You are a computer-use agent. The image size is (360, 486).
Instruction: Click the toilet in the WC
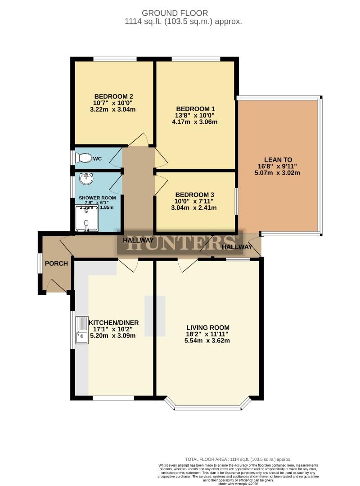pyautogui.click(x=83, y=158)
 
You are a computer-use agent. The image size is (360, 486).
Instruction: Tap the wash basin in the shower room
pyautogui.click(x=85, y=179)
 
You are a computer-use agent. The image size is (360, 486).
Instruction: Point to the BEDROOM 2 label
pyautogui.click(x=113, y=96)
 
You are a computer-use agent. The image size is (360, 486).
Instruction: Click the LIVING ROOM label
pyautogui.click(x=208, y=327)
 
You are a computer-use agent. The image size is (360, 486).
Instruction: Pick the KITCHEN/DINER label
pyautogui.click(x=114, y=323)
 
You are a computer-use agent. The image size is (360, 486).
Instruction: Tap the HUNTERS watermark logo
pyautogui.click(x=180, y=242)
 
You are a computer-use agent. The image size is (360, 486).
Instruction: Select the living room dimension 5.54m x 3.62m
pyautogui.click(x=208, y=340)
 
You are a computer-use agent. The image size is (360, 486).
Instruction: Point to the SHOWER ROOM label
pyautogui.click(x=97, y=198)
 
